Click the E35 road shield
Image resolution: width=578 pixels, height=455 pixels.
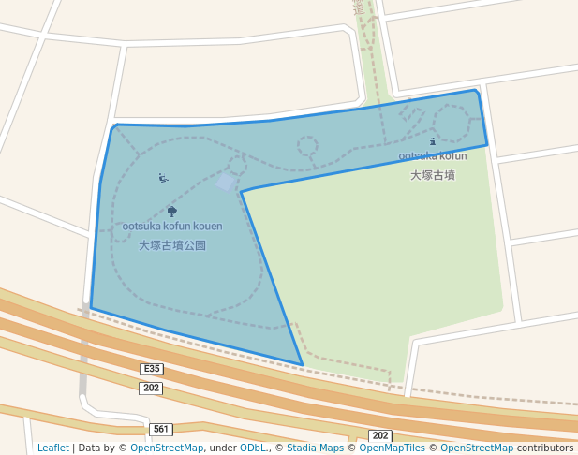[152, 369]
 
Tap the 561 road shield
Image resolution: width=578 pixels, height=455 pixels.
[161, 430]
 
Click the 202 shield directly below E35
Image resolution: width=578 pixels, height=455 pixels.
[152, 388]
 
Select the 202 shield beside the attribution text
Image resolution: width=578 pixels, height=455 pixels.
[379, 436]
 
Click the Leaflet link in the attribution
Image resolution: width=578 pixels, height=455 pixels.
[53, 448]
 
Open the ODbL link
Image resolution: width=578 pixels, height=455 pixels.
[253, 448]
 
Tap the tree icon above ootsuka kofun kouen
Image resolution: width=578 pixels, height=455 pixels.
[171, 211]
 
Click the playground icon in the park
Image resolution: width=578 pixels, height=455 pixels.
[163, 178]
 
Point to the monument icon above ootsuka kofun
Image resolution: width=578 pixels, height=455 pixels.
[433, 142]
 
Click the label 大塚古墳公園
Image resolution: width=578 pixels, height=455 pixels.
[172, 245]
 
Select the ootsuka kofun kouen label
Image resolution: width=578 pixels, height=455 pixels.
[172, 227]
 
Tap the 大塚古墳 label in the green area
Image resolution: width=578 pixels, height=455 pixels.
[433, 175]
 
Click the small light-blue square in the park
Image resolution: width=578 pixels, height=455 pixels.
[224, 181]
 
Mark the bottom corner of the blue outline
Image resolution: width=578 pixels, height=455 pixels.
[302, 364]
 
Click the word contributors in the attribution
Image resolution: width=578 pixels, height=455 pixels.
[545, 448]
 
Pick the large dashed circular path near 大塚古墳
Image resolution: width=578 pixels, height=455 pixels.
[451, 123]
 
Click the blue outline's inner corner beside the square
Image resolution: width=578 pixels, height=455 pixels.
[242, 192]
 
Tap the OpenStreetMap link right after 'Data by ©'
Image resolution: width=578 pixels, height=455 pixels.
[167, 448]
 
